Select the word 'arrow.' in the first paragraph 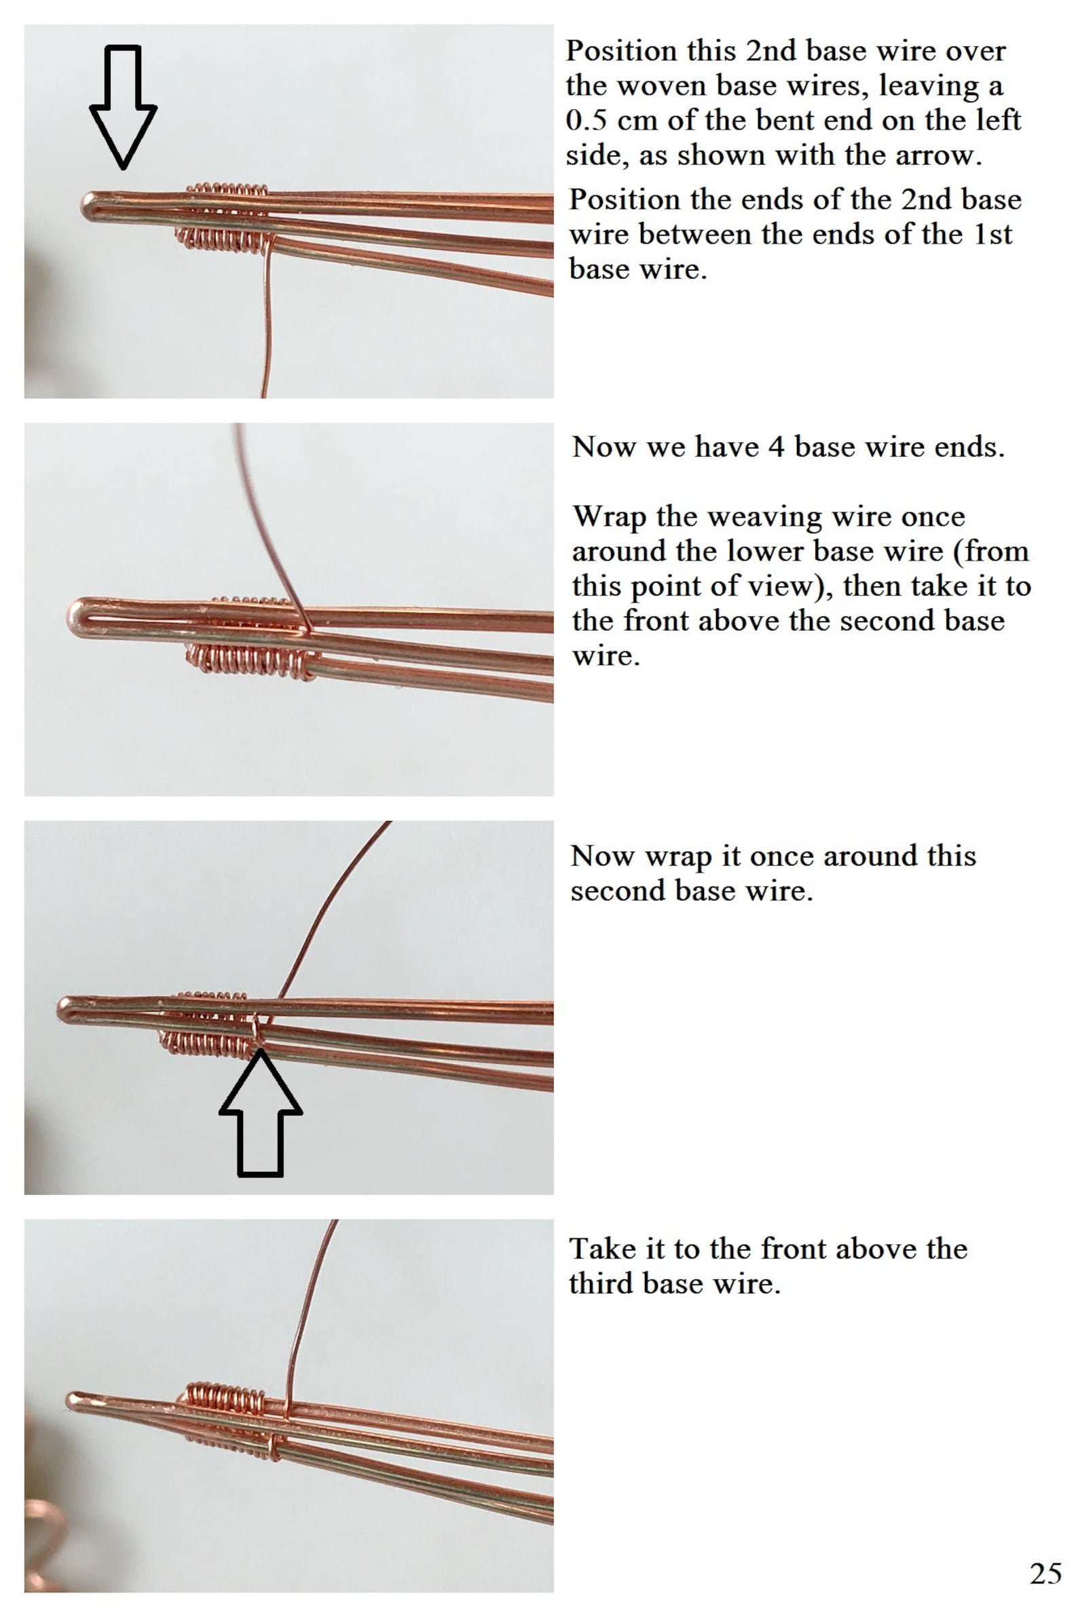click(x=948, y=155)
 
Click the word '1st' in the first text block click(x=992, y=234)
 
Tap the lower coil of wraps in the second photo click(x=251, y=660)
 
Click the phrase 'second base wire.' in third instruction click(x=691, y=892)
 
